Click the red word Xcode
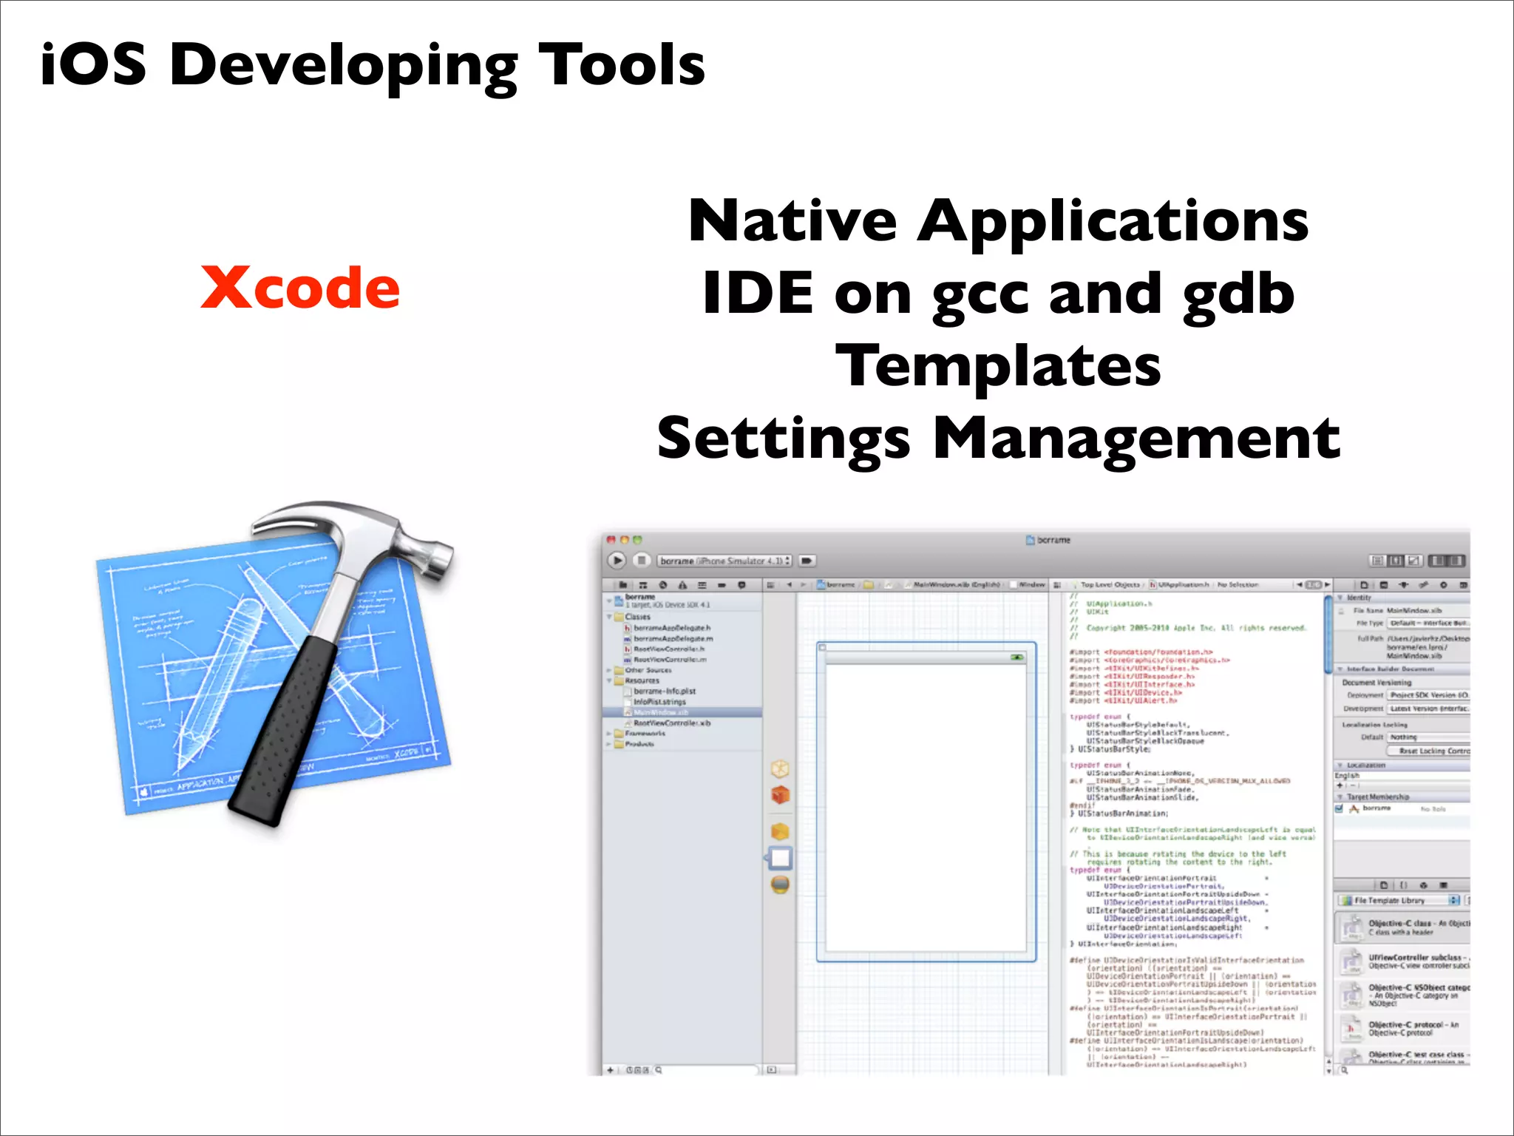coord(300,288)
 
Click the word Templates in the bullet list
coord(998,366)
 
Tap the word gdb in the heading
coord(1238,294)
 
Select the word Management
coord(1136,439)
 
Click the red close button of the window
coord(611,540)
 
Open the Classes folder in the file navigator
coord(637,617)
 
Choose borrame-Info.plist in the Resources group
coord(664,692)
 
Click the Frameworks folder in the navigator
coord(645,734)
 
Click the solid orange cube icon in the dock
coord(780,795)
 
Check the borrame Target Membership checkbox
coord(1340,809)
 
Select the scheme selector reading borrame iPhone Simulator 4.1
coord(724,561)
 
